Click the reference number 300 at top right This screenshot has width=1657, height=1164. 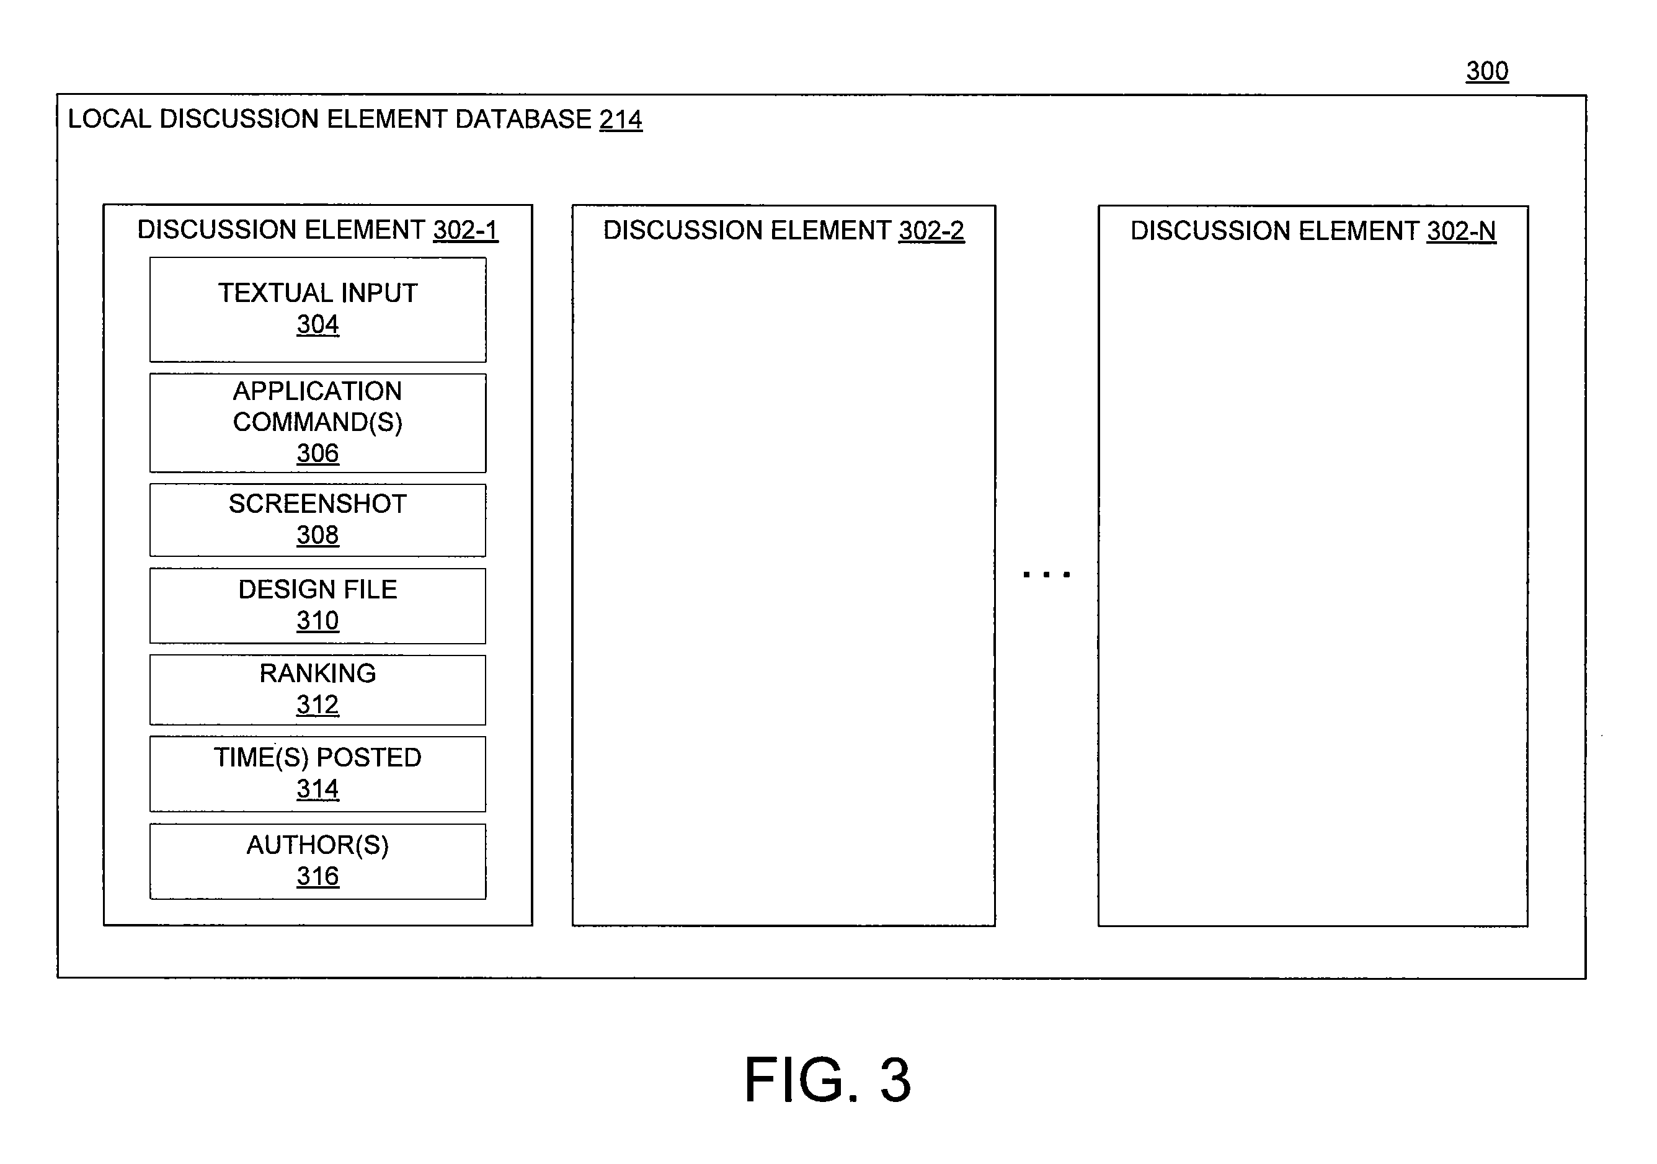[x=1486, y=71]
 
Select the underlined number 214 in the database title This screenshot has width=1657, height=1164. [x=621, y=120]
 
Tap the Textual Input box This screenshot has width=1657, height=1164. [x=318, y=309]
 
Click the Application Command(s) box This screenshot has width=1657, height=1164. [x=318, y=423]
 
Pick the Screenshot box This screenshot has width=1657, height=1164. [x=318, y=520]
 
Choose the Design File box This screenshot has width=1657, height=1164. [x=318, y=606]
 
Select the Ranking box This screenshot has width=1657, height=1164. [x=318, y=690]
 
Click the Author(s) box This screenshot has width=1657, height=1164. [x=318, y=861]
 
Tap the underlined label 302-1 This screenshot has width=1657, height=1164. [x=466, y=230]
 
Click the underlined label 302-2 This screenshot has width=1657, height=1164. [x=931, y=231]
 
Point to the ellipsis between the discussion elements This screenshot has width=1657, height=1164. [x=1046, y=574]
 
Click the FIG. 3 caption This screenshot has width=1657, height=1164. [x=828, y=1080]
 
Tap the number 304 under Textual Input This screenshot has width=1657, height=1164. [x=318, y=325]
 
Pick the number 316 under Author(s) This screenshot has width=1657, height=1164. [x=318, y=877]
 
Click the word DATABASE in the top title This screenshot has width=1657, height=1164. [x=523, y=119]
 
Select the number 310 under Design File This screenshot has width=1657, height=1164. [x=318, y=621]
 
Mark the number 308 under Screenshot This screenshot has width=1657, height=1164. [x=318, y=535]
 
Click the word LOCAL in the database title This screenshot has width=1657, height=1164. [x=110, y=119]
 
